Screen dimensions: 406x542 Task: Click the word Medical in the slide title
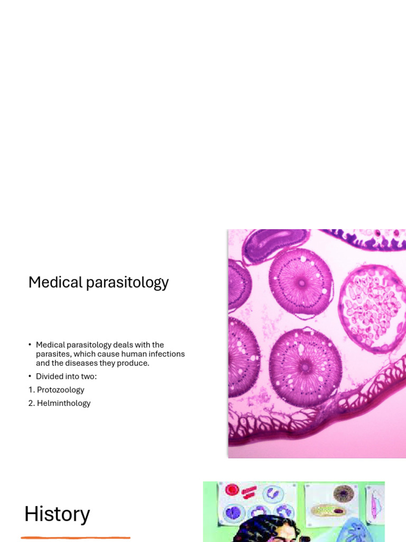click(56, 282)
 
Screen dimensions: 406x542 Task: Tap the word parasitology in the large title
click(127, 283)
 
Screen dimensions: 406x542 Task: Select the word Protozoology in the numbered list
click(61, 390)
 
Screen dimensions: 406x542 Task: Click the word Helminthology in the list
click(64, 403)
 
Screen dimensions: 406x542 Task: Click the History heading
click(57, 514)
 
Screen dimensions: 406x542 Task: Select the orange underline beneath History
click(76, 538)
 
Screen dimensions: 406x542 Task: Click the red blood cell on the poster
click(232, 490)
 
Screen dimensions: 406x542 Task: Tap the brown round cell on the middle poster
click(344, 494)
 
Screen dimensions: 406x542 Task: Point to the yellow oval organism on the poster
click(328, 510)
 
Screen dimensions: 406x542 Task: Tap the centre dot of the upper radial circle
click(302, 283)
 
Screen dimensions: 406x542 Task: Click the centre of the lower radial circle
click(305, 367)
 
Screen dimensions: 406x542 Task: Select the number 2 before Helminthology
click(31, 403)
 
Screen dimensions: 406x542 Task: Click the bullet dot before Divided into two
click(30, 376)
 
